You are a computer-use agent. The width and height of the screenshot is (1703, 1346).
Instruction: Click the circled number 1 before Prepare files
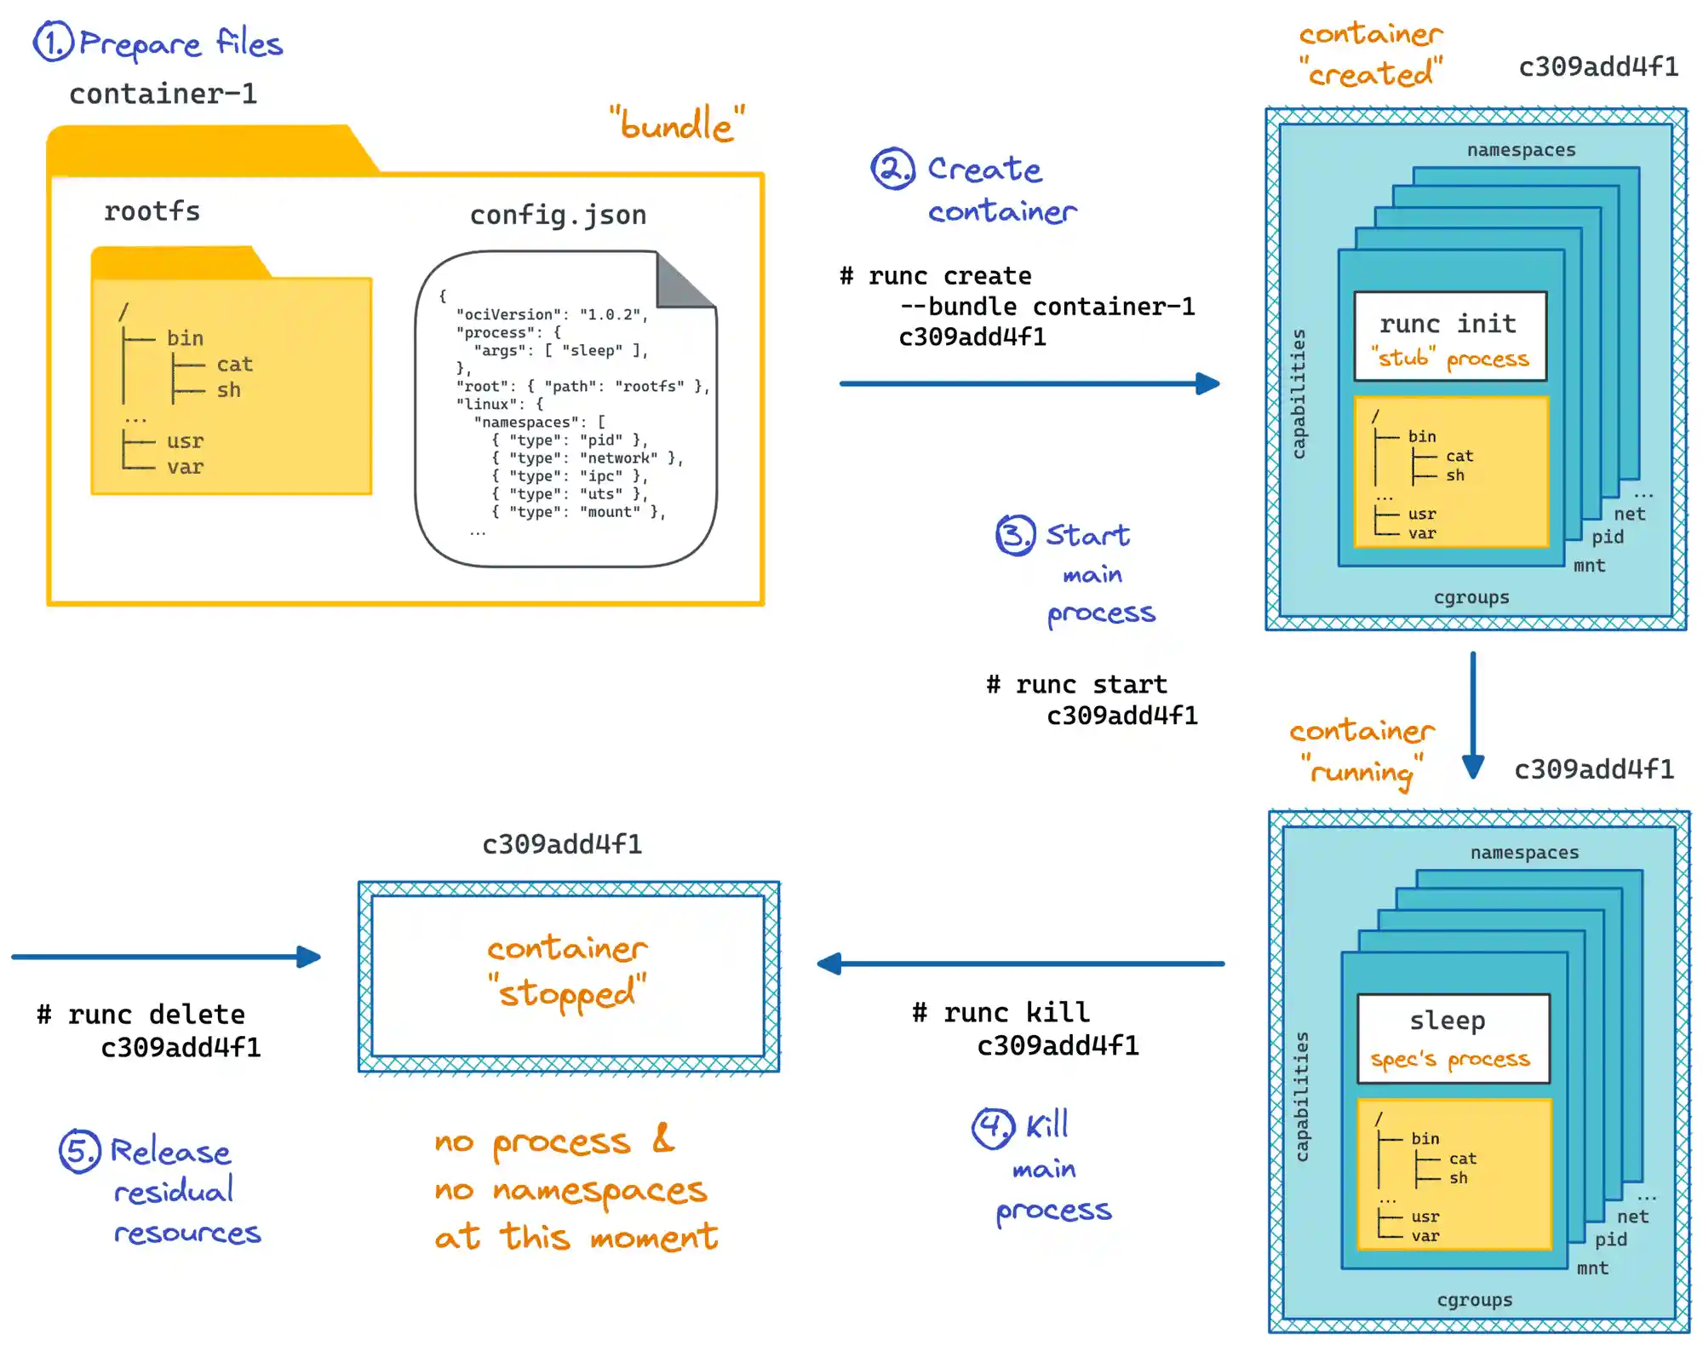coord(53,43)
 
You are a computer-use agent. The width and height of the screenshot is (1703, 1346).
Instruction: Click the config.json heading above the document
coord(558,215)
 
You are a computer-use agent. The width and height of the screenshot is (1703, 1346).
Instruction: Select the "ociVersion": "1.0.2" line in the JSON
coord(551,314)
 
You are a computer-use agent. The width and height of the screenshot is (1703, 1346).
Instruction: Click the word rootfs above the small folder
coord(152,211)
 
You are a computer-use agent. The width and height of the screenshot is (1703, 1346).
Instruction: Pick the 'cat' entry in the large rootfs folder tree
coord(234,365)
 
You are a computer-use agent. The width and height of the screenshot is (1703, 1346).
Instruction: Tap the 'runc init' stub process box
coord(1450,336)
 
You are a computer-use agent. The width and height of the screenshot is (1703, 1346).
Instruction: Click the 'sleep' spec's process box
coord(1453,1038)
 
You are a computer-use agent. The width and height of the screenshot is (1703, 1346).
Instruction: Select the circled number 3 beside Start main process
coord(1015,535)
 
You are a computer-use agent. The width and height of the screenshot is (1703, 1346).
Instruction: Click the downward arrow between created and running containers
coord(1472,716)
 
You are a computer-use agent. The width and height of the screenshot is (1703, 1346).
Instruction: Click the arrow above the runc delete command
coord(166,957)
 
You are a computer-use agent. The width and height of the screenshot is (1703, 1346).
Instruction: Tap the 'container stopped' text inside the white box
coord(568,971)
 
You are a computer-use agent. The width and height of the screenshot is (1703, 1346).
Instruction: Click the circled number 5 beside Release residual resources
coord(79,1151)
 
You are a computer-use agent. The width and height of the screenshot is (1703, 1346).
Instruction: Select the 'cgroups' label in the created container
coord(1471,597)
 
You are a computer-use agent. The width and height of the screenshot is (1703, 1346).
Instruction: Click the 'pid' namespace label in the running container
coord(1610,1239)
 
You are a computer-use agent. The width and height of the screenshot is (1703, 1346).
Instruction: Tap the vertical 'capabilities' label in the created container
coord(1299,394)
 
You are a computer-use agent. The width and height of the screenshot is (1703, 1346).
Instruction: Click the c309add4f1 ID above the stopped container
coord(562,844)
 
